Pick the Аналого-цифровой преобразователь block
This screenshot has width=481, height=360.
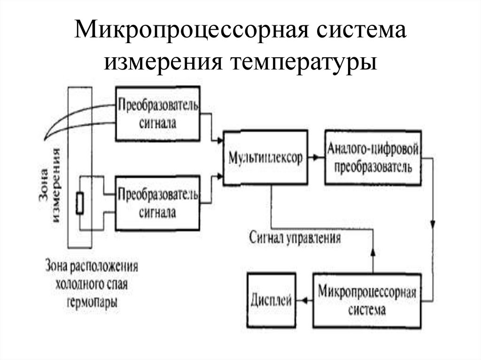click(372, 158)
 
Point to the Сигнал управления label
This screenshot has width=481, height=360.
click(295, 237)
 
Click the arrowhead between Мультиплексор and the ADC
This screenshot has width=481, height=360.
click(320, 158)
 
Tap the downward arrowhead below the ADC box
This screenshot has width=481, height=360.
click(433, 222)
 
